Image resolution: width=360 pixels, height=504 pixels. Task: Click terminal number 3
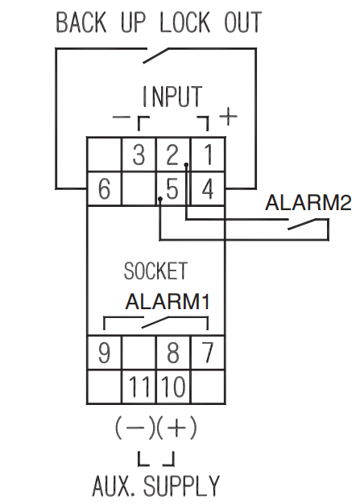(x=139, y=155)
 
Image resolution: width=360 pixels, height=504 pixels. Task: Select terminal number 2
(x=172, y=155)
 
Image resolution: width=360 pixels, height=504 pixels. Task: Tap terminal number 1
(x=209, y=155)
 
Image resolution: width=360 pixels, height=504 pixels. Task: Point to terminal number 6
(x=104, y=189)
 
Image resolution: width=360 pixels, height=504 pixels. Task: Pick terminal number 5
(x=172, y=189)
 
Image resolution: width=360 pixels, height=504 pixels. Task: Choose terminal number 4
(x=207, y=189)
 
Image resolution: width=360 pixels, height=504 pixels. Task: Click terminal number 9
(x=104, y=353)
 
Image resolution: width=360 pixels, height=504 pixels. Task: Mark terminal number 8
(x=173, y=353)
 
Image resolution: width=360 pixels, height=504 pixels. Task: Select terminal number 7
(x=208, y=353)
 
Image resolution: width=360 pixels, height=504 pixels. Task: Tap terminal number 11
(x=139, y=387)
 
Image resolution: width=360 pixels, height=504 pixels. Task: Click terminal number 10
(x=174, y=387)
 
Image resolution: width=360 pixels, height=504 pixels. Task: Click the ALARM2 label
(x=308, y=203)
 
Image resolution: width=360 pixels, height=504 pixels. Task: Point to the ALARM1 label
(x=168, y=301)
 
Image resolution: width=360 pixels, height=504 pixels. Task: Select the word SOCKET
(x=155, y=271)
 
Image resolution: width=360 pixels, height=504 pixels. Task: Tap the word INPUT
(x=172, y=96)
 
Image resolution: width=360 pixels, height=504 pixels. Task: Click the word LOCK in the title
(x=184, y=22)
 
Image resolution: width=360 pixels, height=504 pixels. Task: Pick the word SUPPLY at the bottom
(x=181, y=485)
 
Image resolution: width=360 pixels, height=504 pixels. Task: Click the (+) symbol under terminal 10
(x=176, y=428)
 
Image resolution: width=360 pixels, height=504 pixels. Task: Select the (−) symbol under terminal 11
(x=135, y=428)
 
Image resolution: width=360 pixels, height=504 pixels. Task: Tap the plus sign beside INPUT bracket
(x=228, y=116)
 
